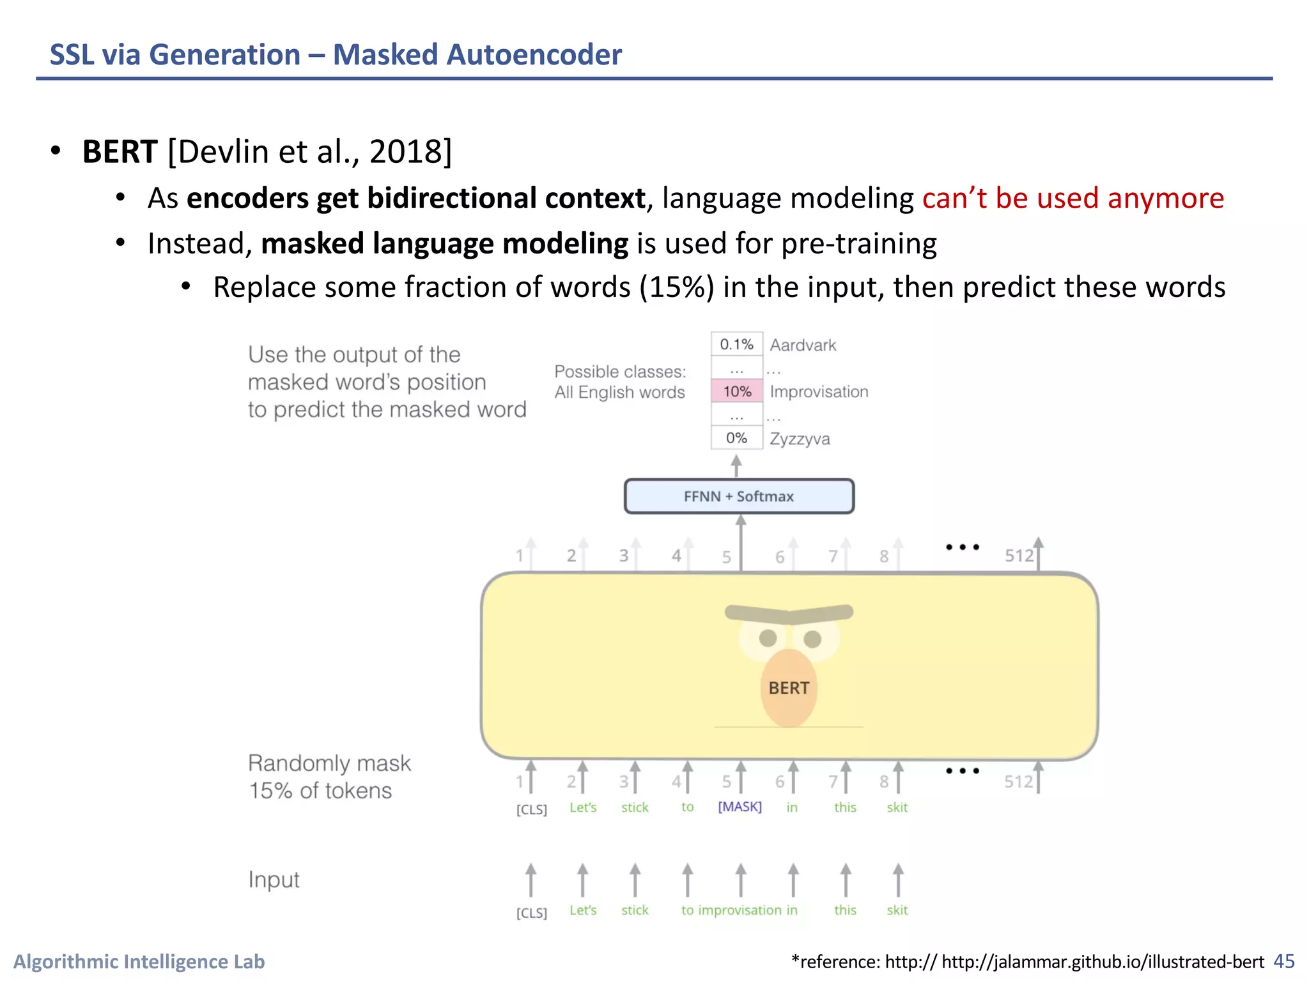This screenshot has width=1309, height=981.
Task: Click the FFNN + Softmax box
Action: point(739,496)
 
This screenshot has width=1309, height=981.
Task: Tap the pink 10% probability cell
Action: point(737,392)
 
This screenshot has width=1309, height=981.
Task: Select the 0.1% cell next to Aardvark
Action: point(736,344)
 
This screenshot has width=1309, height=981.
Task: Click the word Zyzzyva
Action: point(800,439)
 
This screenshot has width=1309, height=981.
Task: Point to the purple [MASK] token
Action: point(740,807)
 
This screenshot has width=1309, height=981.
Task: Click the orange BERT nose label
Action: point(789,688)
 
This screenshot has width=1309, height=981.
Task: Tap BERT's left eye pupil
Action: point(768,638)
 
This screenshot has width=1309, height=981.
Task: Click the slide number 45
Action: point(1283,961)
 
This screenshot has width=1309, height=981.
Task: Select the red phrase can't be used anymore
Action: point(1073,198)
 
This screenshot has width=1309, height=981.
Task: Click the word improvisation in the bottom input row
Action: point(740,910)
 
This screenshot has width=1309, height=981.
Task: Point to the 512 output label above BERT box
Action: point(1019,556)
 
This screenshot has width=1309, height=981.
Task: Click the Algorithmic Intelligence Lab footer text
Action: point(139,961)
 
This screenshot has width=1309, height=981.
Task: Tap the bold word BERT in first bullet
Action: point(120,152)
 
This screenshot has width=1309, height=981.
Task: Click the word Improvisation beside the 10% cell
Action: point(819,392)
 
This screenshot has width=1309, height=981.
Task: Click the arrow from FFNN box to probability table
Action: point(736,466)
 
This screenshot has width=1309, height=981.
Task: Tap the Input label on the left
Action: point(274,879)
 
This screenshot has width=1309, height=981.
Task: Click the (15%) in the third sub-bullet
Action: point(677,287)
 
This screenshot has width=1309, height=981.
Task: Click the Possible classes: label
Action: point(620,371)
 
